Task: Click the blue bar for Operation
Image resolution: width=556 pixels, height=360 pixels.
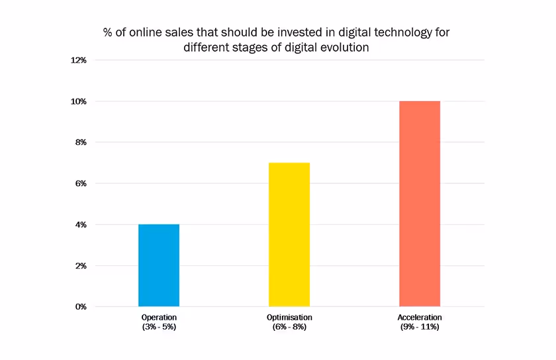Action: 159,265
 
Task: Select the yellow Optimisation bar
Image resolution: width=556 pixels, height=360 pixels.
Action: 289,234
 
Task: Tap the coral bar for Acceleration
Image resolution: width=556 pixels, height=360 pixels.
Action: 420,204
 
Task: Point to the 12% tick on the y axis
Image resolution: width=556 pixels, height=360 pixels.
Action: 79,60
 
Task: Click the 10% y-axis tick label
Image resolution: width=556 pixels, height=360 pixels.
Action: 79,101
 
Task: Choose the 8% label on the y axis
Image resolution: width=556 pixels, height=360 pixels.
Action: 81,142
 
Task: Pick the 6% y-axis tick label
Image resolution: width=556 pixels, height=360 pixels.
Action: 81,183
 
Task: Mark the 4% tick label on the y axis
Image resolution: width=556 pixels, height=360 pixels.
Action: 81,225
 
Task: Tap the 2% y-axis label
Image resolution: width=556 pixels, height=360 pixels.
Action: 81,266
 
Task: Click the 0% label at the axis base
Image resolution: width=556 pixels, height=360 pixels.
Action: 81,307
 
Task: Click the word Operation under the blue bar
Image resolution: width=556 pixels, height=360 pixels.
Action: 159,318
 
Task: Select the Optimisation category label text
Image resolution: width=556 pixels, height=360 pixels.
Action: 289,318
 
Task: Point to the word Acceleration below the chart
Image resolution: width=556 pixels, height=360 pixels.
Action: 420,318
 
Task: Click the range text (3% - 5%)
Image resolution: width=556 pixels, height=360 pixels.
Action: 159,327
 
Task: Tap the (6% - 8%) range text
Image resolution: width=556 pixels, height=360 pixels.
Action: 289,327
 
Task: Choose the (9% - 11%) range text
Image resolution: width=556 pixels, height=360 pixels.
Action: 420,327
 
